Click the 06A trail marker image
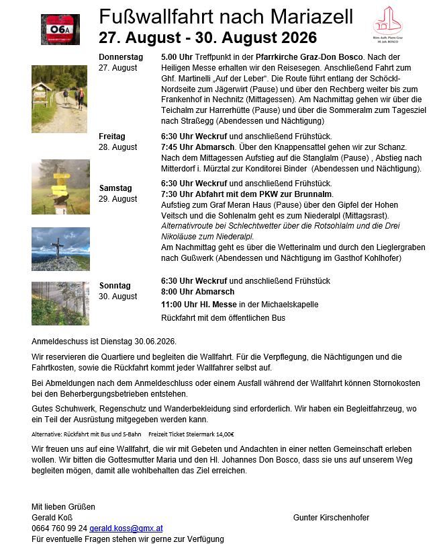click(60, 30)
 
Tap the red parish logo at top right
click(387, 25)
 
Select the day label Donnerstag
click(121, 57)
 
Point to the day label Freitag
click(112, 136)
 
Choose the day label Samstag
click(115, 188)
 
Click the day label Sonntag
click(115, 286)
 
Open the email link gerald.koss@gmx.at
click(126, 528)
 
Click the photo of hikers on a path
click(59, 99)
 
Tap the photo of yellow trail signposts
click(60, 187)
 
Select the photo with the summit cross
click(60, 249)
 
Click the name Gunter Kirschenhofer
click(331, 518)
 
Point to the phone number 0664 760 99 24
click(59, 528)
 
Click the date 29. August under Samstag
click(118, 199)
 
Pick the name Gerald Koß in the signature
click(50, 518)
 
